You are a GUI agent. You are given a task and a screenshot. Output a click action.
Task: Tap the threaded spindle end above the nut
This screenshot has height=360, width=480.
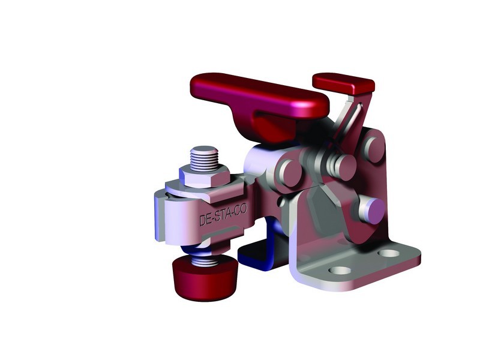pyautogui.click(x=204, y=157)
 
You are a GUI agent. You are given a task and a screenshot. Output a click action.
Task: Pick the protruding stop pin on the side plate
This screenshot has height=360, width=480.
pyautogui.click(x=371, y=210)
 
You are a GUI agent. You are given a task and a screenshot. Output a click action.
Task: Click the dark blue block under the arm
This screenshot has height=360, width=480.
pyautogui.click(x=255, y=254)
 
